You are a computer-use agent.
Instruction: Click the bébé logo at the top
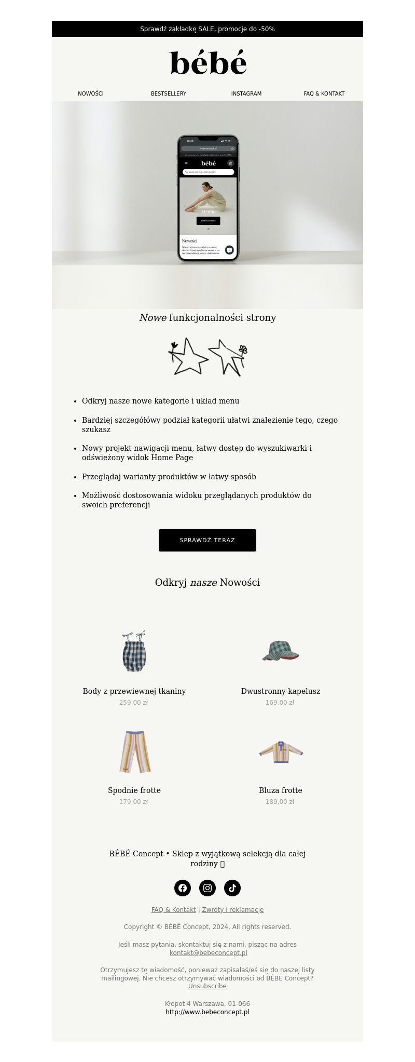(208, 63)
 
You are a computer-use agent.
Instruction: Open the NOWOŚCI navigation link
(91, 94)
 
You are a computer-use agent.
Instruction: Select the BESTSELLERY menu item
(169, 94)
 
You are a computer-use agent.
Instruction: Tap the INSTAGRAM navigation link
(246, 94)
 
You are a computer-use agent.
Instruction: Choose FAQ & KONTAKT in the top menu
(324, 94)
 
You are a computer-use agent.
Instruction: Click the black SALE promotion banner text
(208, 29)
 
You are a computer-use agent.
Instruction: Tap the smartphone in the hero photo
(208, 198)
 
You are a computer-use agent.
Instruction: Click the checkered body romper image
(134, 652)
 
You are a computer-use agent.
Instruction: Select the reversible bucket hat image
(281, 651)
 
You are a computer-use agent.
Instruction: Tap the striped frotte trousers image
(134, 751)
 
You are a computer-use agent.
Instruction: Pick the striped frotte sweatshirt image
(281, 751)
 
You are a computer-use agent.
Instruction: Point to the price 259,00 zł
(134, 703)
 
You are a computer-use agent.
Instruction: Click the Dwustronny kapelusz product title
(281, 691)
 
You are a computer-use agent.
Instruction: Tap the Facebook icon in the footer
(183, 888)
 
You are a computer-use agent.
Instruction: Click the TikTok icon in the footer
(232, 888)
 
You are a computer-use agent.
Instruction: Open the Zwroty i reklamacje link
(233, 910)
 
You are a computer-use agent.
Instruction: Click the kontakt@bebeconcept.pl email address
(208, 953)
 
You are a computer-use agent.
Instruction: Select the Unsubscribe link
(208, 986)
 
